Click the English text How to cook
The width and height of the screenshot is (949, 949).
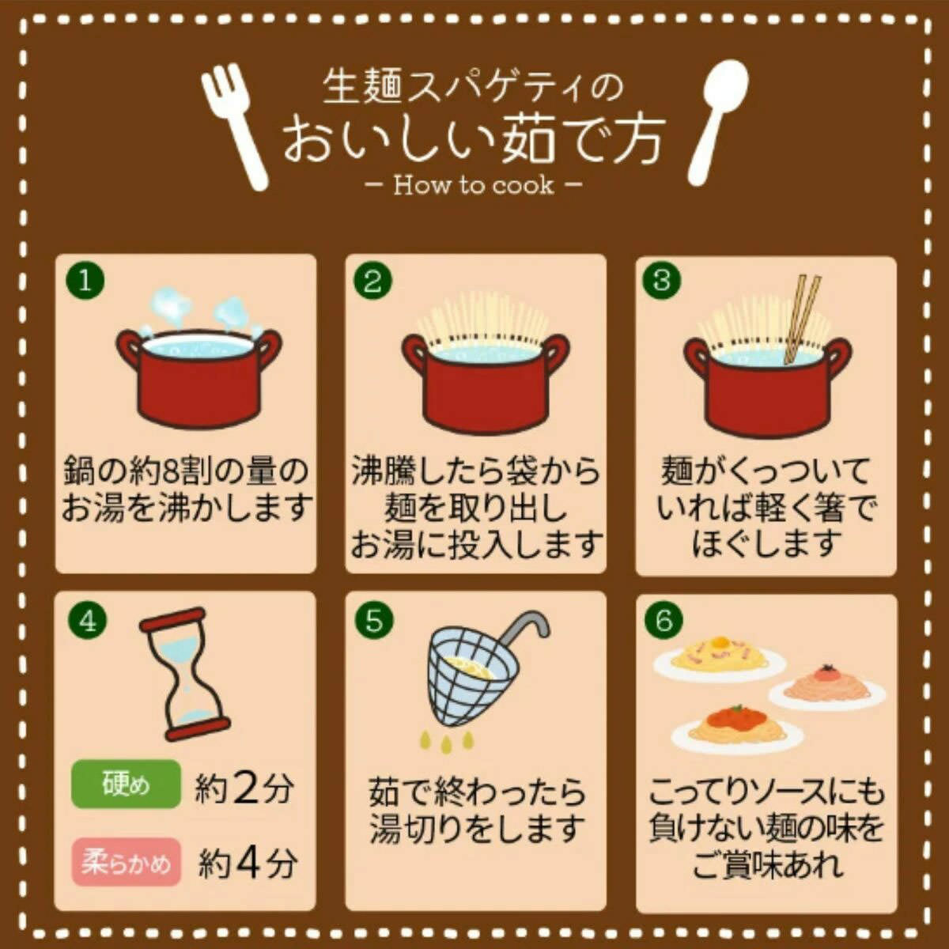474,186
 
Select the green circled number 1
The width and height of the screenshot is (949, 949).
85,282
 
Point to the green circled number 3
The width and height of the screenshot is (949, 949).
663,280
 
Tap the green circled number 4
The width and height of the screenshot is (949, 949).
88,622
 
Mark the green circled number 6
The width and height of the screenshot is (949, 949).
664,621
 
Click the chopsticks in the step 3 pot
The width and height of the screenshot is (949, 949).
801,320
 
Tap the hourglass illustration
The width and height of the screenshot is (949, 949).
185,675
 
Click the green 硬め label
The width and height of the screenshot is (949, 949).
126,784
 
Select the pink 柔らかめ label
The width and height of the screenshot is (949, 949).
126,862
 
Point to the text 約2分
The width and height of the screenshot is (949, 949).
244,786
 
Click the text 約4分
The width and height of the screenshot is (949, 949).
248,863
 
